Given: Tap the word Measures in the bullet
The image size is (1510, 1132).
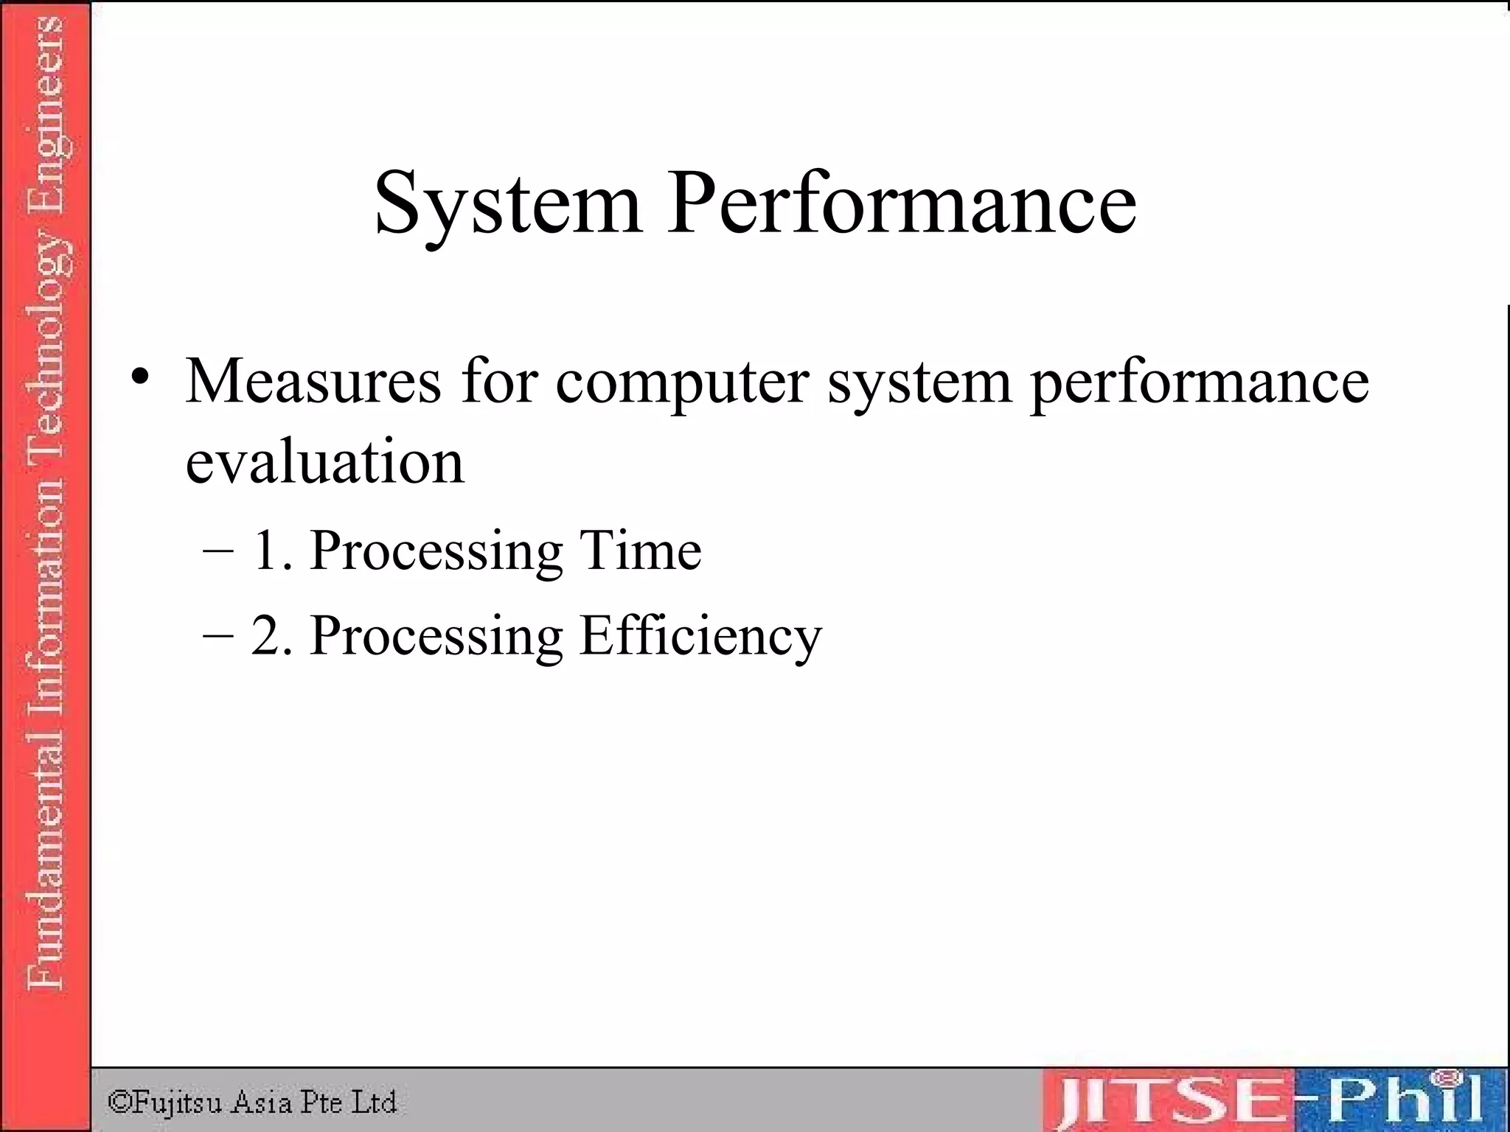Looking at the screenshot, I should [313, 381].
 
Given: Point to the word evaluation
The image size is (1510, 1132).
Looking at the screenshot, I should [325, 462].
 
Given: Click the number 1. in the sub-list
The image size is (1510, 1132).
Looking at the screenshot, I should [271, 551].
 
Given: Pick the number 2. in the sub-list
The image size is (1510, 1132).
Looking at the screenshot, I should [271, 635].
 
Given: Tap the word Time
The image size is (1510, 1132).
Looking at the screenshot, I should [640, 551].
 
